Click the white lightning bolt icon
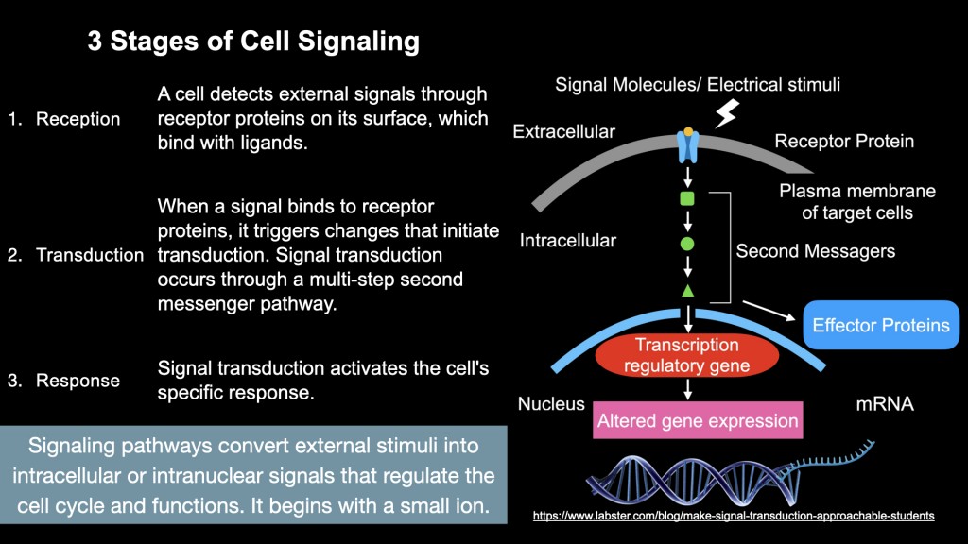pos(727,113)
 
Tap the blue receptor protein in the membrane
pos(688,146)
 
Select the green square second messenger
pos(687,198)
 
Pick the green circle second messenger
pos(687,244)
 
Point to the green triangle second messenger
pos(688,291)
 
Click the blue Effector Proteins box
pos(881,325)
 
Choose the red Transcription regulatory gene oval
pos(687,355)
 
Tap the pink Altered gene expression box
pos(698,420)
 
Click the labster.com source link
pos(734,516)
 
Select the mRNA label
pos(885,404)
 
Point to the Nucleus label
pos(551,404)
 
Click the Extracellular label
pos(563,131)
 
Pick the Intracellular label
pos(568,241)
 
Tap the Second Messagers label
pos(816,251)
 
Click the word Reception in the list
pos(78,119)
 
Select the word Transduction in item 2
pos(90,255)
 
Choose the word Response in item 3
pos(78,381)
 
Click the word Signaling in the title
pos(358,42)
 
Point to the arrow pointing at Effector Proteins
pos(769,310)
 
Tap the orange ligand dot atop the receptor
pos(688,131)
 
